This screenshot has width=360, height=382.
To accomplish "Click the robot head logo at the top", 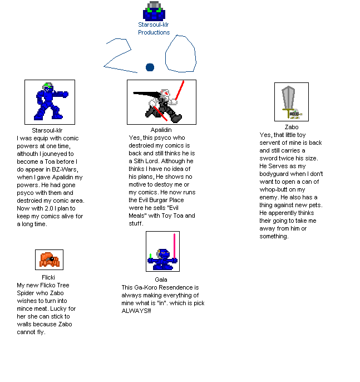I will click(x=154, y=11).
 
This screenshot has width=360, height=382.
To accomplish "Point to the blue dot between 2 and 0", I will click(x=149, y=67).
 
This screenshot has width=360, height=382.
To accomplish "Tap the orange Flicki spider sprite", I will click(x=49, y=259).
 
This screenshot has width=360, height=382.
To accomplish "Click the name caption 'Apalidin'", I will click(x=161, y=130).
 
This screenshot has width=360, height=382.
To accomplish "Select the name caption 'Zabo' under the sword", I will click(x=291, y=127).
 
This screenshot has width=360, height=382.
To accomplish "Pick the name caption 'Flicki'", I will click(x=48, y=277).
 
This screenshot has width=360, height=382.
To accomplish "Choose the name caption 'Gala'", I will click(x=161, y=280).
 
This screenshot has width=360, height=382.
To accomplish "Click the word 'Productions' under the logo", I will click(x=154, y=32).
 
